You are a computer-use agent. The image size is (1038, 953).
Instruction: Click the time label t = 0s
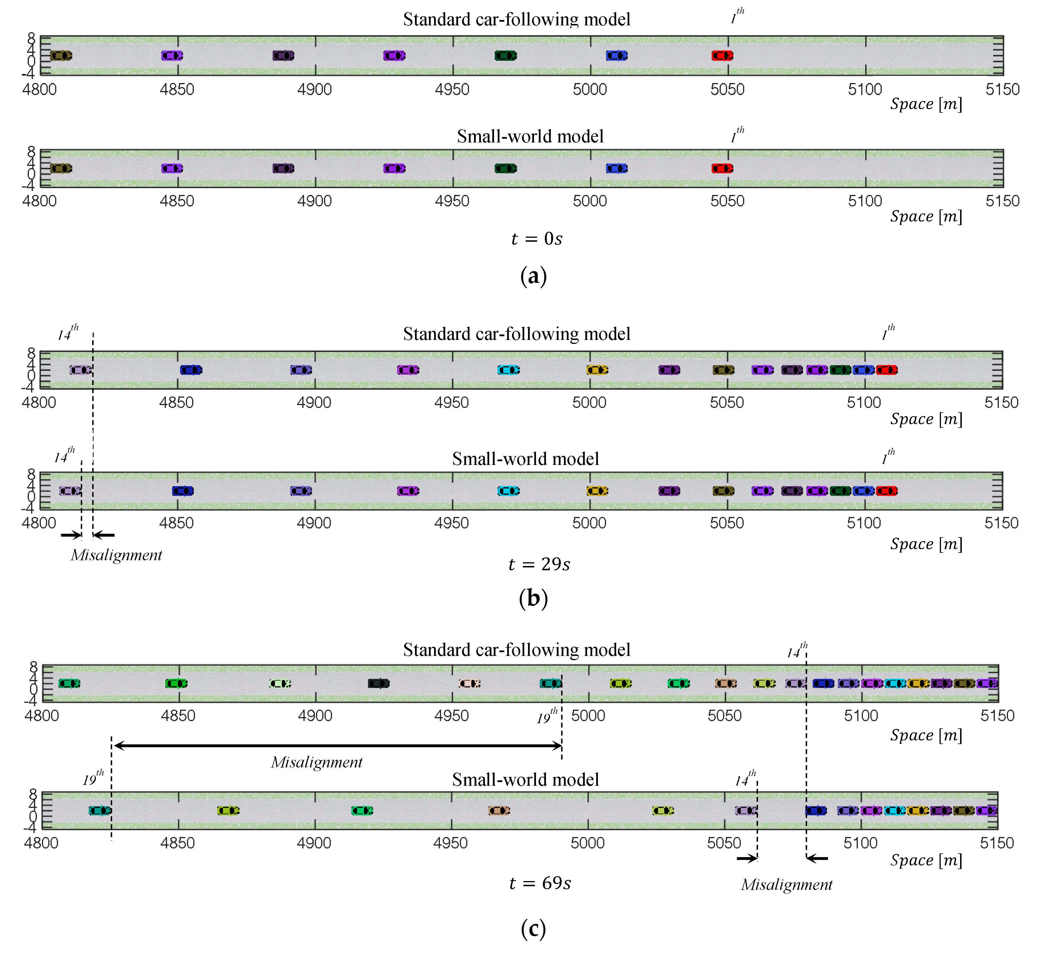click(536, 239)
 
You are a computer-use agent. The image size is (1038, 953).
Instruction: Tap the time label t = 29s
click(539, 564)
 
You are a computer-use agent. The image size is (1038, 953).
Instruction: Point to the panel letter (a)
click(533, 276)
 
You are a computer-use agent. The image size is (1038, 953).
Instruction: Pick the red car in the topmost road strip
click(722, 56)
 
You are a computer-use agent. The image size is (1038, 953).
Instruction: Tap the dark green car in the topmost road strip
click(505, 56)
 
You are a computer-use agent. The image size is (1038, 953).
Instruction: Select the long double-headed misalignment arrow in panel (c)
click(338, 746)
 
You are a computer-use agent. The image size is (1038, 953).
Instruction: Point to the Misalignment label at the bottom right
click(786, 885)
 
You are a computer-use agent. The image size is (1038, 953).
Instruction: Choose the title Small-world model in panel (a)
click(530, 136)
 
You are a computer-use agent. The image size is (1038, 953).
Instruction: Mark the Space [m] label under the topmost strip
click(926, 104)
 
